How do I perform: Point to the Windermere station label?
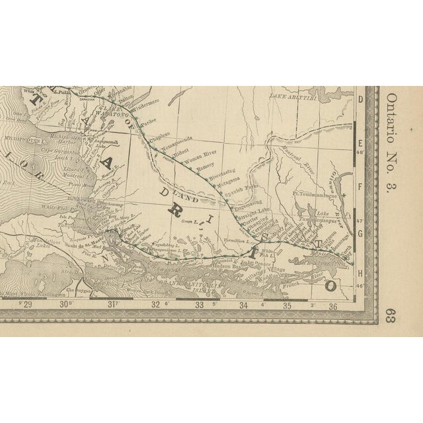click(153, 104)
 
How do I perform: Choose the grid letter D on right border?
click(360, 100)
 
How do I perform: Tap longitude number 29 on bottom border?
click(28, 305)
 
